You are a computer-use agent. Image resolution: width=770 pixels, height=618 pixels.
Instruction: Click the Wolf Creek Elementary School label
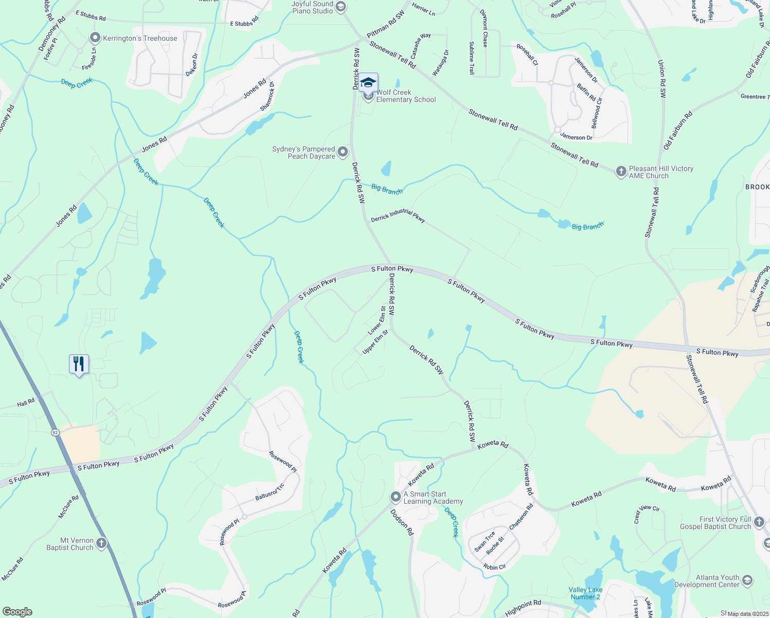coord(406,96)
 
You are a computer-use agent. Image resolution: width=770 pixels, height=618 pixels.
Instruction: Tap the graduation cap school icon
coord(368,83)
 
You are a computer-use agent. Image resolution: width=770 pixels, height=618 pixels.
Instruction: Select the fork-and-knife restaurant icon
coord(79,364)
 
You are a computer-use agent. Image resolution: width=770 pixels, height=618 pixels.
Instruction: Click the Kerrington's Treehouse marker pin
coord(95,38)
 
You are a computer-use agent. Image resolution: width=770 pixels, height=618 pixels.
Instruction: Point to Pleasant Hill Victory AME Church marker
coord(621,171)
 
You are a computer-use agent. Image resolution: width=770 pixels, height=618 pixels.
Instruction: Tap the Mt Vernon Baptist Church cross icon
coord(101,543)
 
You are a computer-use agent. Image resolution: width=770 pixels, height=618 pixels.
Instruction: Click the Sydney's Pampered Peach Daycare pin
coord(343,152)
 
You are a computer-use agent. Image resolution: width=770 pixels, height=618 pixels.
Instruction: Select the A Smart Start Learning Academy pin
coord(395,497)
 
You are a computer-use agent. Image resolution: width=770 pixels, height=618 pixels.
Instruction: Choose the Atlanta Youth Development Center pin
coord(747,580)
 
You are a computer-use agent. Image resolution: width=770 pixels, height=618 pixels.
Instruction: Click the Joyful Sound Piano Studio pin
coord(341,7)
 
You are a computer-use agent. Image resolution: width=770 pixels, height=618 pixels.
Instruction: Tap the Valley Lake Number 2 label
coord(585,593)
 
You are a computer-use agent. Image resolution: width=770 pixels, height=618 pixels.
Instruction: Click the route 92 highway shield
coord(55,432)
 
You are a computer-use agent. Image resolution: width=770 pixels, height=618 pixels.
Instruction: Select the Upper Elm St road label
coord(375,342)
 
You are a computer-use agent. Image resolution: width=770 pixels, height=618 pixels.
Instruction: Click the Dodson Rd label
coord(401,522)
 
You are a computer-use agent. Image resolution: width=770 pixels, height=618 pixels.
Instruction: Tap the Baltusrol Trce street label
coord(270,492)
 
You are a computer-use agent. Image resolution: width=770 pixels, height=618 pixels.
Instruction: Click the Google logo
coord(17,612)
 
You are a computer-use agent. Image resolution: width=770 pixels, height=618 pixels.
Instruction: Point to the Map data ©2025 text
coord(747,613)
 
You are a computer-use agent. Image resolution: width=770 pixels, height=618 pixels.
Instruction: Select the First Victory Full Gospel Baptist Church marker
coord(759,523)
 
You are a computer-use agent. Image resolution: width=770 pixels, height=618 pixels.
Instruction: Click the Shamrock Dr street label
coord(267,96)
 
